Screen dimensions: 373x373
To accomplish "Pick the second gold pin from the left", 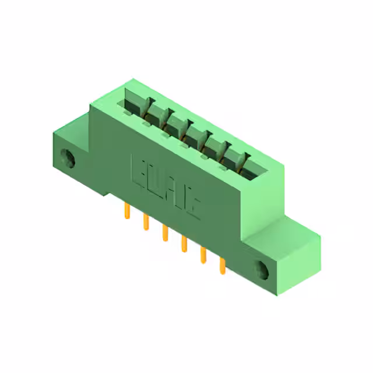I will point(145,222).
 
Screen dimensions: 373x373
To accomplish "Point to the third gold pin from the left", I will point(165,233).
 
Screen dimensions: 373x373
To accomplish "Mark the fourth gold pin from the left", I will point(184,244).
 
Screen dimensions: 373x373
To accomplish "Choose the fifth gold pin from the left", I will point(203,255).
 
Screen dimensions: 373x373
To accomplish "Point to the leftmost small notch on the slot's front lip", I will point(144,123).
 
